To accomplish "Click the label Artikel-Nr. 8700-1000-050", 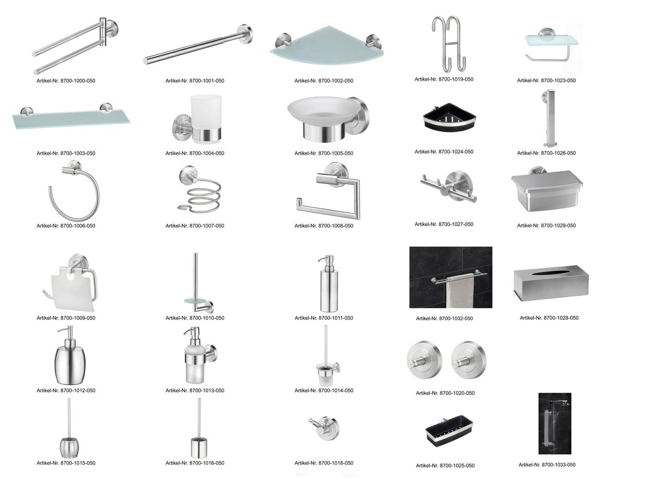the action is pyautogui.click(x=66, y=81).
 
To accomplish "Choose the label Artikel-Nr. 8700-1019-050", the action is pyautogui.click(x=444, y=79).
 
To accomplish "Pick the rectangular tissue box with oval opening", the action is pyautogui.click(x=551, y=283).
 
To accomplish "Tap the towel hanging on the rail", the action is pyautogui.click(x=460, y=292).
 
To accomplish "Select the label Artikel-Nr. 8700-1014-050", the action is pyautogui.click(x=324, y=391).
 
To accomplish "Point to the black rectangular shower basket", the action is pyautogui.click(x=449, y=430).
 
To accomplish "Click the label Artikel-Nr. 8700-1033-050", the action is pyautogui.click(x=546, y=465).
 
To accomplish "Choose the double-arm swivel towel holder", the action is pyautogui.click(x=75, y=46).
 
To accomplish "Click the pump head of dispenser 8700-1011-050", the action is pyautogui.click(x=326, y=260).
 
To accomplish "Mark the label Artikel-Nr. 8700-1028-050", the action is pyautogui.click(x=549, y=318).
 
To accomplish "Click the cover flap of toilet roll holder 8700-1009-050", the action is pyautogui.click(x=72, y=289).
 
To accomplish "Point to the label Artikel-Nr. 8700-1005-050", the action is pyautogui.click(x=324, y=153).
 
